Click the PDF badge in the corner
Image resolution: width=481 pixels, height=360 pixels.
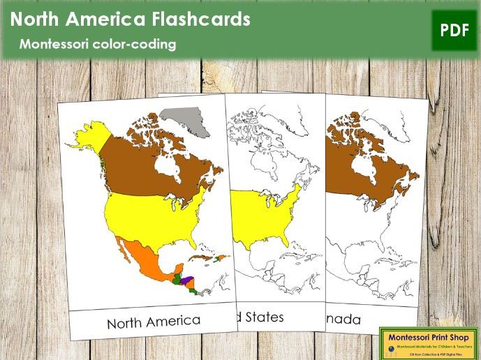(453, 30)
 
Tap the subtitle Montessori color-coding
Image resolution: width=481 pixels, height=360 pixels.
(98, 44)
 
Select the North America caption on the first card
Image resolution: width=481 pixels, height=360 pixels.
(154, 322)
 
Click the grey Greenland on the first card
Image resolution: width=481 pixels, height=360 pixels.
(184, 122)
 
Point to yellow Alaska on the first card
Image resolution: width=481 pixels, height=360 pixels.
(89, 139)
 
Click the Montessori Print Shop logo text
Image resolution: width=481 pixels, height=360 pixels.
(427, 334)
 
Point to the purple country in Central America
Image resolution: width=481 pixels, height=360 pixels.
(196, 280)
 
